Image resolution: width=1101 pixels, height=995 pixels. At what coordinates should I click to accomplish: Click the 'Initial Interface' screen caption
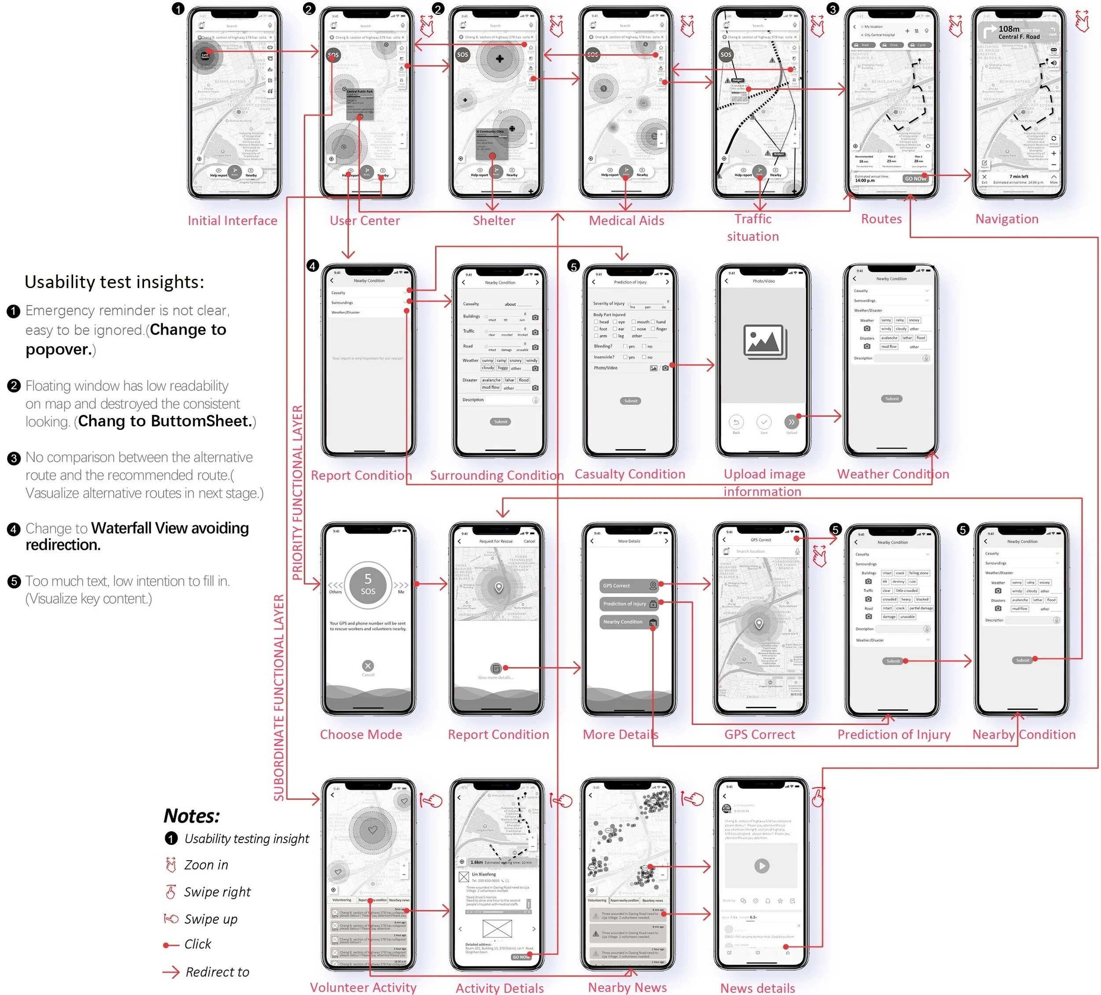coord(233,221)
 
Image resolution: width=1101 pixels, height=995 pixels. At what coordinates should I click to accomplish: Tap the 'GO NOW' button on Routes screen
coord(915,178)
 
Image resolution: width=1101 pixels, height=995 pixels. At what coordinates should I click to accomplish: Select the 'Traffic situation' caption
coord(753,228)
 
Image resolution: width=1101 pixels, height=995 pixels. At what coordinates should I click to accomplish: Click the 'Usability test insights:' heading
coord(114,282)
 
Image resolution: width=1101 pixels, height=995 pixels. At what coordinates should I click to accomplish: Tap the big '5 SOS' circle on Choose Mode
coord(368,585)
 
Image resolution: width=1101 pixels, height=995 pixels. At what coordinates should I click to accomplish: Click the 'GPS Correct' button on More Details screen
coord(628,586)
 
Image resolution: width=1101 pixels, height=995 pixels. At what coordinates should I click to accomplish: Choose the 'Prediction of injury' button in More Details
coord(628,604)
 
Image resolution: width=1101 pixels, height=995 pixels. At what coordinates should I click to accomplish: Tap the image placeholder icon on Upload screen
coord(765,342)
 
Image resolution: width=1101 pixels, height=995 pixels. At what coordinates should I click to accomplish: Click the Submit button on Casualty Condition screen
coord(630,401)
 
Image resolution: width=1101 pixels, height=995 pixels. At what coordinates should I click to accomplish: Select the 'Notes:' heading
coord(192,816)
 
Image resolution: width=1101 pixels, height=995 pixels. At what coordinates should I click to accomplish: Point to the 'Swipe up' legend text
coord(211,919)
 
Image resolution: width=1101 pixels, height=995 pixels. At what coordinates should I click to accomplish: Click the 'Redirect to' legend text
coord(218,972)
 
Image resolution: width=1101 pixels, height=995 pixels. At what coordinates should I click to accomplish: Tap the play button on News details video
coord(761,866)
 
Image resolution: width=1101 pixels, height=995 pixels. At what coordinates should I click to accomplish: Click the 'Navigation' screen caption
coord(1006,219)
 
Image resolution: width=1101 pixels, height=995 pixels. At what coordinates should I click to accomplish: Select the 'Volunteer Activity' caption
coord(363,988)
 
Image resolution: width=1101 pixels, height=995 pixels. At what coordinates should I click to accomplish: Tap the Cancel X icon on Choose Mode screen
coord(368,666)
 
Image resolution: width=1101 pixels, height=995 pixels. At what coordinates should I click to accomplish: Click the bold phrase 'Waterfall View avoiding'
coord(170,528)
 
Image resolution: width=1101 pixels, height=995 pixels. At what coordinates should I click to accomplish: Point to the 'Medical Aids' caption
coord(626,221)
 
